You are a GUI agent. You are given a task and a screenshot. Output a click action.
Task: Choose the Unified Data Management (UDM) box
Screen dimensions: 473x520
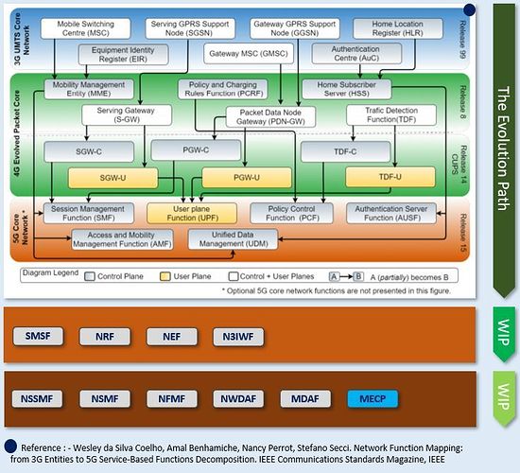coord(233,239)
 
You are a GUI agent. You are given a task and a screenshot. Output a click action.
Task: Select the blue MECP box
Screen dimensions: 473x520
coord(373,399)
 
